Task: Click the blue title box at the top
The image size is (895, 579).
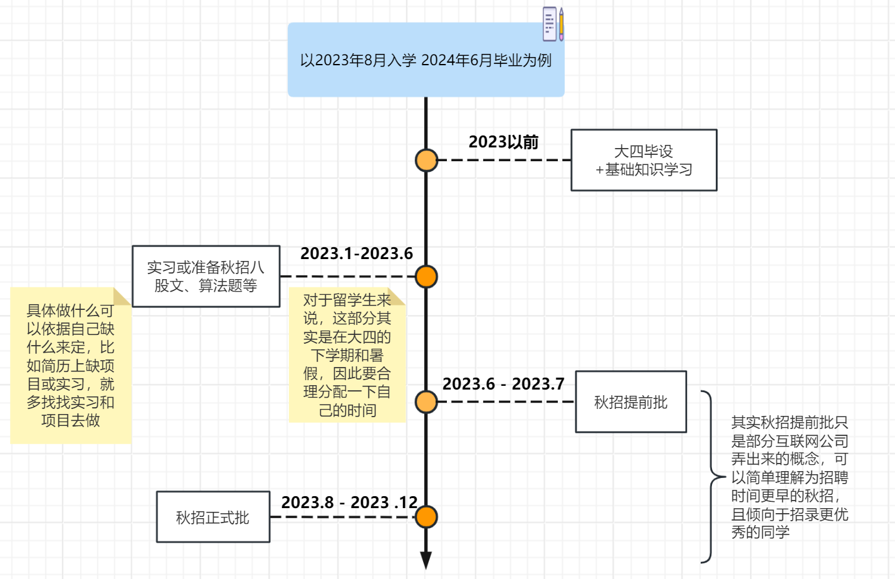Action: click(x=426, y=60)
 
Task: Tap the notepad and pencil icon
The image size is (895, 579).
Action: click(x=553, y=24)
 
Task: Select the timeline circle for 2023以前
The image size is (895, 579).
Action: click(x=426, y=161)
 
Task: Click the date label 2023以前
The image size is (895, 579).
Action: click(x=503, y=142)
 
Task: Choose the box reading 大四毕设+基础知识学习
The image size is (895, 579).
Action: click(x=644, y=161)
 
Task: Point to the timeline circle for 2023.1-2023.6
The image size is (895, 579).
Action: click(x=426, y=277)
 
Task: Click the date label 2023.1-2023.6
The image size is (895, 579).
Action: click(x=356, y=253)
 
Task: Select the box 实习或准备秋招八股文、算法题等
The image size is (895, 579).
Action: click(x=206, y=277)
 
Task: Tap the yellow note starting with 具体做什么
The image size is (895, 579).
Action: click(x=70, y=366)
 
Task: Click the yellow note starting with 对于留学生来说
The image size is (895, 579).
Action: click(x=347, y=355)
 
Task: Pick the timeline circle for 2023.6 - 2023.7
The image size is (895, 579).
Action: click(x=426, y=402)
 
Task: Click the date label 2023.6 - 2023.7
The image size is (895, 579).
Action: click(x=503, y=384)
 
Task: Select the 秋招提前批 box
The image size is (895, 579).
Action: click(x=631, y=402)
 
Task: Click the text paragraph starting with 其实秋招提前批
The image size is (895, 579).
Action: click(x=789, y=477)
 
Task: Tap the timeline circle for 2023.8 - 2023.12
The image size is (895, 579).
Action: click(x=426, y=518)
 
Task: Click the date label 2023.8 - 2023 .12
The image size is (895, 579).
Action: click(x=349, y=502)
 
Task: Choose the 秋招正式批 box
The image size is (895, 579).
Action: click(x=212, y=518)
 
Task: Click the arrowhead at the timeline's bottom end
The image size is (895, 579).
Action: click(x=426, y=560)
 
